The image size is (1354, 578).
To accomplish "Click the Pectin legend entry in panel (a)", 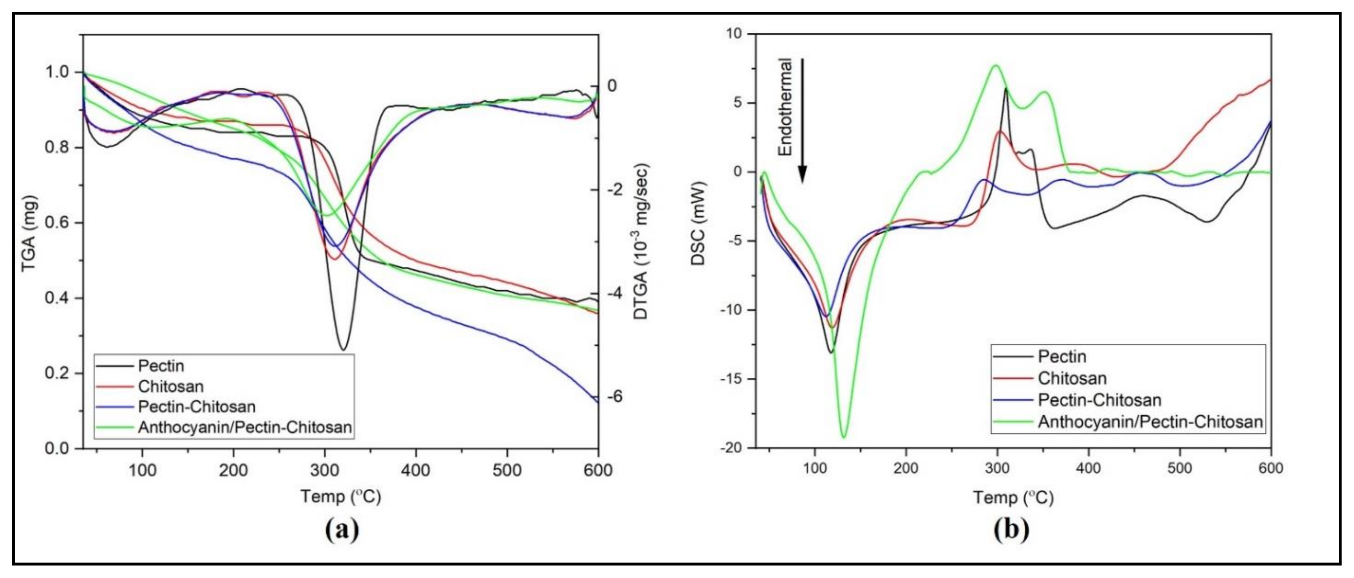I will (x=161, y=366).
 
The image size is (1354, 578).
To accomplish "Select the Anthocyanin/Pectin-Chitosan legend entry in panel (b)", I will (x=1150, y=422).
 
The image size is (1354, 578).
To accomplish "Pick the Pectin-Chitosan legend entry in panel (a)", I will (x=197, y=407).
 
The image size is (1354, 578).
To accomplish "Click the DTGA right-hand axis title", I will (x=642, y=242).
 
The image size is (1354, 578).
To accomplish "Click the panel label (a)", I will (x=342, y=530).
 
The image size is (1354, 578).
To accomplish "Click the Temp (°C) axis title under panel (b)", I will (x=1013, y=497).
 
